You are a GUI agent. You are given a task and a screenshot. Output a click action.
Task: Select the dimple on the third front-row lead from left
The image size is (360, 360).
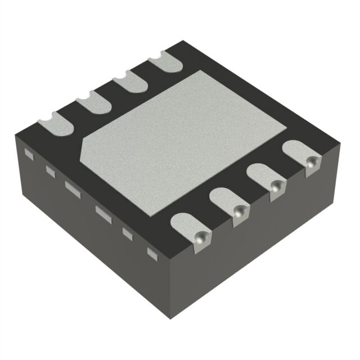click(276, 188)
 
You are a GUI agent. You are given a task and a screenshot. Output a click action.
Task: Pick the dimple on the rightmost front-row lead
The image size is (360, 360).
click(310, 162)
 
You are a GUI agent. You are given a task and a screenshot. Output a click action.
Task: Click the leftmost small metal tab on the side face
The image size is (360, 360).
click(30, 152)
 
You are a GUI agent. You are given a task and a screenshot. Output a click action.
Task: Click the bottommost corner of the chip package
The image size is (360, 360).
click(171, 319)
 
